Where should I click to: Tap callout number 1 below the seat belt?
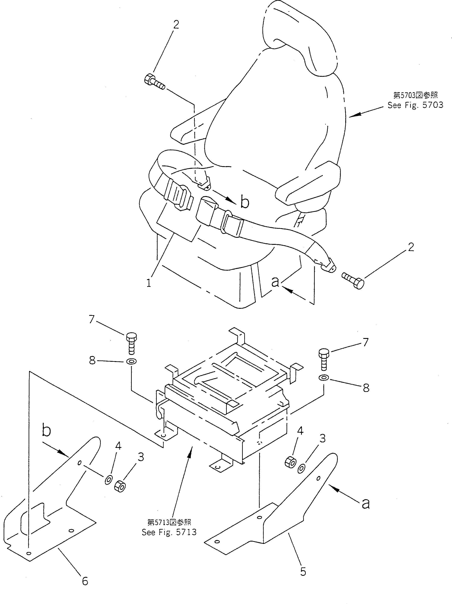click(x=149, y=283)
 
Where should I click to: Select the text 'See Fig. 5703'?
click(x=415, y=105)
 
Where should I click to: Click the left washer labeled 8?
click(x=131, y=362)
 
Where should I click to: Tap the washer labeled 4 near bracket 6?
click(x=108, y=480)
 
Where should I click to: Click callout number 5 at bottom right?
click(x=303, y=572)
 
